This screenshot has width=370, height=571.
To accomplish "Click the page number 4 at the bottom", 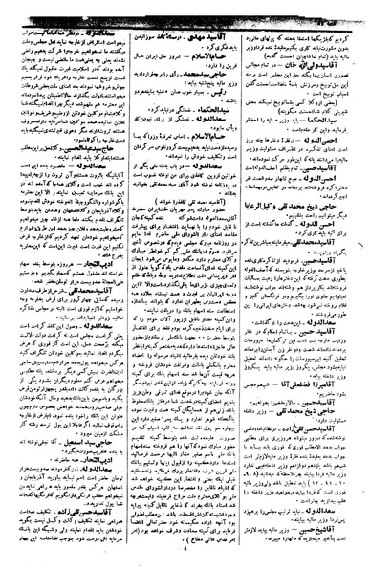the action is pos(185,561).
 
